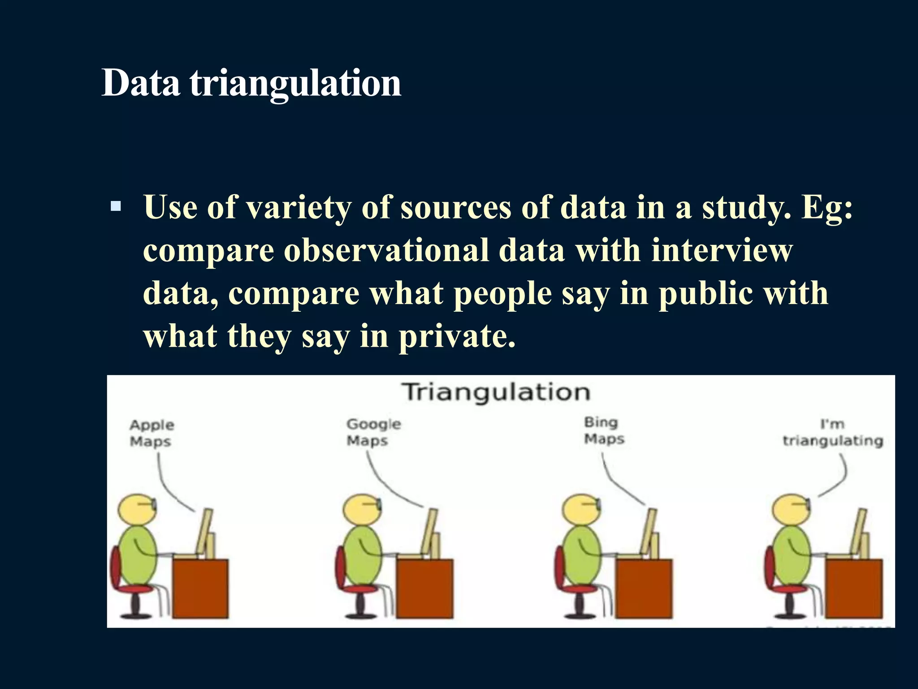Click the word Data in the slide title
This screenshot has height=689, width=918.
click(x=141, y=83)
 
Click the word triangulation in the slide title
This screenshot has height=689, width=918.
click(x=296, y=84)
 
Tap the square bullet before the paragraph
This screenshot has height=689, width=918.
click(x=116, y=206)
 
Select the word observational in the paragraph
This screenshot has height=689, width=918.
click(x=386, y=250)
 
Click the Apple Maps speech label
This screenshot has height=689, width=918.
click(x=152, y=433)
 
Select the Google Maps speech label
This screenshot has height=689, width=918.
click(x=373, y=432)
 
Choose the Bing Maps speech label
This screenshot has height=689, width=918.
click(x=603, y=430)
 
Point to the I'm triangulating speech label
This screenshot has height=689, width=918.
click(x=832, y=433)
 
